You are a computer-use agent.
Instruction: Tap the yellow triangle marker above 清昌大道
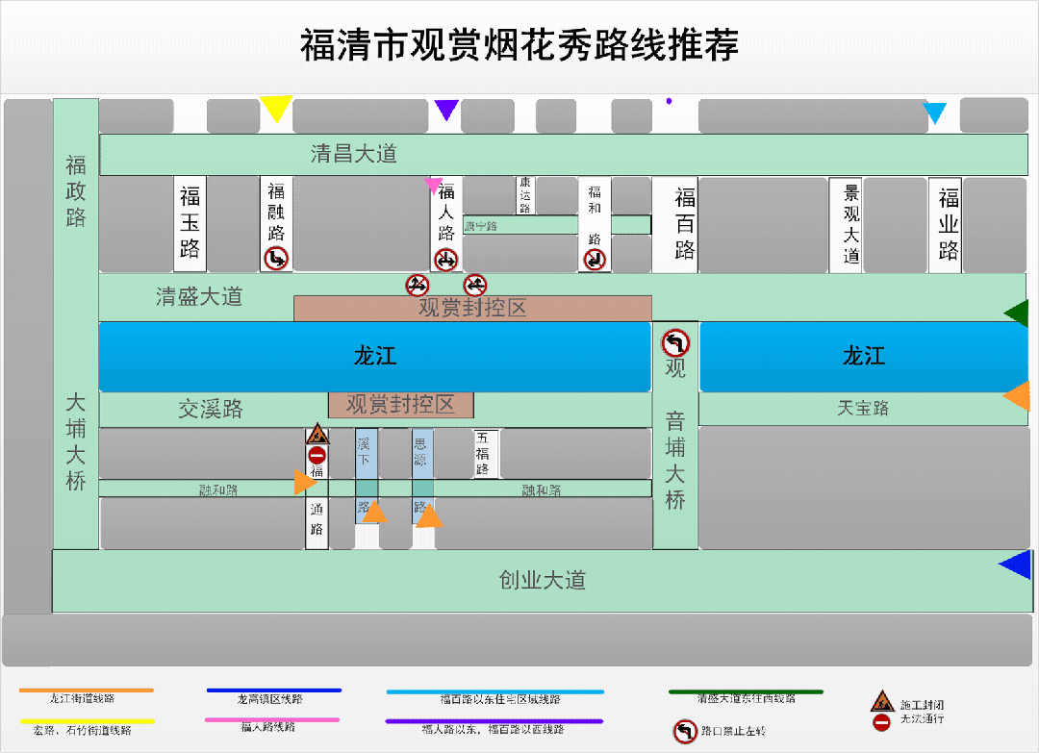pyautogui.click(x=276, y=108)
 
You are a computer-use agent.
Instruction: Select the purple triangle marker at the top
pyautogui.click(x=445, y=110)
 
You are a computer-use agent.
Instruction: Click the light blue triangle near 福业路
pyautogui.click(x=935, y=113)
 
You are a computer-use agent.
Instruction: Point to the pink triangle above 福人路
pyautogui.click(x=434, y=184)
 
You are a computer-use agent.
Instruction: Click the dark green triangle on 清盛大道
pyautogui.click(x=1017, y=313)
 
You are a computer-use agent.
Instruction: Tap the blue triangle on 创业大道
pyautogui.click(x=1016, y=565)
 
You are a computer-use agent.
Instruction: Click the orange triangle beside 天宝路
pyautogui.click(x=1018, y=395)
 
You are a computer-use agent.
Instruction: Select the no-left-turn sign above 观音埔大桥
pyautogui.click(x=675, y=342)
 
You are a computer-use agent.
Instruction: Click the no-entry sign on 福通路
pyautogui.click(x=317, y=455)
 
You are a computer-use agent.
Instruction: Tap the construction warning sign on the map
pyautogui.click(x=317, y=434)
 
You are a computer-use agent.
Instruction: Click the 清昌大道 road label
pyautogui.click(x=353, y=154)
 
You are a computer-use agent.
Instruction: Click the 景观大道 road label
pyautogui.click(x=850, y=224)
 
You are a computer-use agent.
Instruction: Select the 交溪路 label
pyautogui.click(x=211, y=409)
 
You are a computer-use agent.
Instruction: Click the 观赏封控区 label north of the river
pyautogui.click(x=472, y=309)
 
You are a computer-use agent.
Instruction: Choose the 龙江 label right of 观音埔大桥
pyautogui.click(x=863, y=357)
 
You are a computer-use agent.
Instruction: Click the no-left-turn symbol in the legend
pyautogui.click(x=684, y=732)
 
